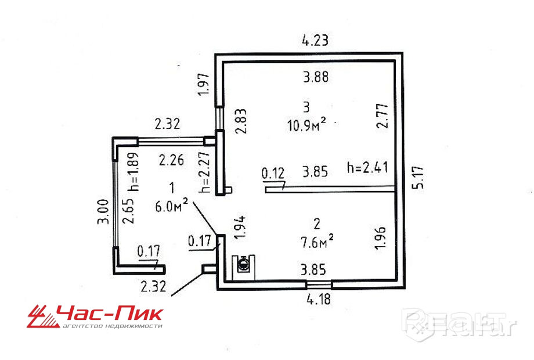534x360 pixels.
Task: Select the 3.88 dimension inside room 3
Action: (x=316, y=76)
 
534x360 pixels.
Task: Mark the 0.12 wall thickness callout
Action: (x=273, y=172)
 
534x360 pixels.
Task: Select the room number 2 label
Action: (x=316, y=224)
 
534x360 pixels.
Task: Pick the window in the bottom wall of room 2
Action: (x=319, y=284)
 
